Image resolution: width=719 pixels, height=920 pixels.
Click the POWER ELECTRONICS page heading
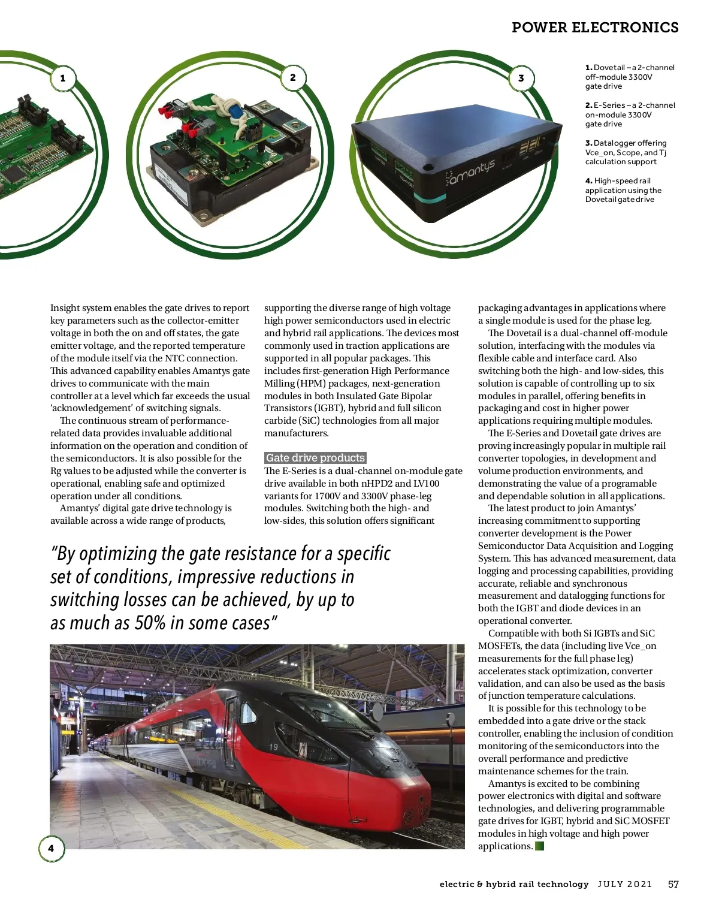(x=595, y=28)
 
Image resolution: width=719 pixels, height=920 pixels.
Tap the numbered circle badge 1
(x=63, y=78)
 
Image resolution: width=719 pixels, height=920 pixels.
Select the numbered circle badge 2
(x=293, y=77)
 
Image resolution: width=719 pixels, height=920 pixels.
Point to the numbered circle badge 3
(x=521, y=78)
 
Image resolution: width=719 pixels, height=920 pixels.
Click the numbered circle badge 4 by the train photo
(x=51, y=848)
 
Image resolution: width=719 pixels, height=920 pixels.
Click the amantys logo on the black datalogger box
(x=471, y=172)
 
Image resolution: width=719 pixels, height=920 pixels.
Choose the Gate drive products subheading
(x=315, y=458)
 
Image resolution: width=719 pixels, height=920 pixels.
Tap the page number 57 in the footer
(x=673, y=884)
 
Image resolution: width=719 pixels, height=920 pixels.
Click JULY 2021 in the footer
(x=624, y=884)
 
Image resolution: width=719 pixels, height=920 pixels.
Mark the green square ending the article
(x=539, y=846)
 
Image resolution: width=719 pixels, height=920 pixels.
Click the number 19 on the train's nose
(x=273, y=747)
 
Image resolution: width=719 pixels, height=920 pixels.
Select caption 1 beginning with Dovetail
(x=630, y=77)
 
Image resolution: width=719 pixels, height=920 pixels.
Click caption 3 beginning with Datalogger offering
(x=626, y=152)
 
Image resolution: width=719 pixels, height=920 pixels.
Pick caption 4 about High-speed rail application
(x=623, y=190)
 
